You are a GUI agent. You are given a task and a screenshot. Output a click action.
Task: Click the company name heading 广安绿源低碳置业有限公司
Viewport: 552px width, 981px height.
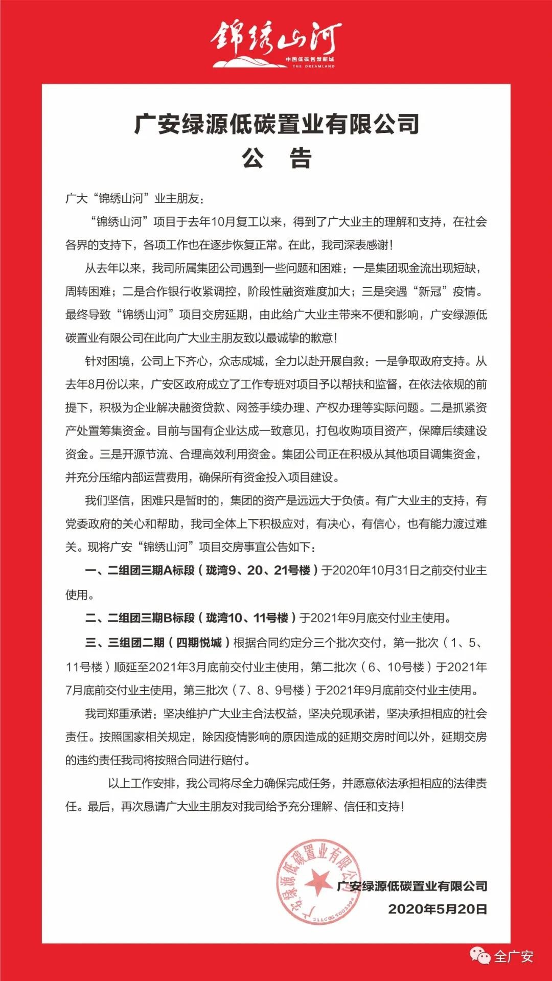tap(277, 124)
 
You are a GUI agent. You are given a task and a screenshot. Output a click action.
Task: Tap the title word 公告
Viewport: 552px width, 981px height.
tap(277, 158)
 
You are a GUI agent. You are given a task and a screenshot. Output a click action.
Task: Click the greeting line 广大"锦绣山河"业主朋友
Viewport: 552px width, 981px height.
tap(136, 198)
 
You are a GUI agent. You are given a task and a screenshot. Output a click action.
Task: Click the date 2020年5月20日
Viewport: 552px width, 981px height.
tap(438, 909)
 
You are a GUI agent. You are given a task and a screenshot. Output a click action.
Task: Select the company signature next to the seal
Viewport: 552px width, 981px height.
tap(412, 886)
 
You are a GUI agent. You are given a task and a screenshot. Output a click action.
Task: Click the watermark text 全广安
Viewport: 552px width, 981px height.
tap(514, 956)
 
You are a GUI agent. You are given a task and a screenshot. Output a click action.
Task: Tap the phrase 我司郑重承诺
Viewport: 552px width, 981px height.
tap(118, 714)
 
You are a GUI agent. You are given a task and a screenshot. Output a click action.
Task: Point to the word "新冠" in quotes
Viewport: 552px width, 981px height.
tap(429, 292)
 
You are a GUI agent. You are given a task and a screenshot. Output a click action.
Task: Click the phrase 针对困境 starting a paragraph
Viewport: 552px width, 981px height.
tap(107, 361)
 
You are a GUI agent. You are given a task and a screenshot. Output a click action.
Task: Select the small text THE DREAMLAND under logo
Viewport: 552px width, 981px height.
tap(314, 66)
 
